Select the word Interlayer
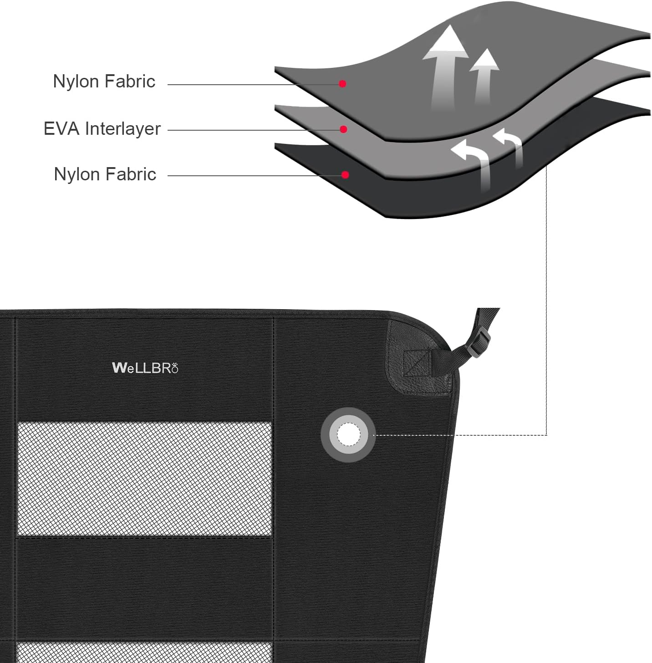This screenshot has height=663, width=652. coord(123,129)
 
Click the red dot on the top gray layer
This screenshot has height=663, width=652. coord(342,84)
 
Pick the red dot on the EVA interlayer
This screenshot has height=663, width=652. coord(343,129)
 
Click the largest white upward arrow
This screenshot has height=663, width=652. coord(445,66)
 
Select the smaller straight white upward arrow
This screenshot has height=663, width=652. coord(484,76)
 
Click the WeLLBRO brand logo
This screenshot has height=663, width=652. coord(145,368)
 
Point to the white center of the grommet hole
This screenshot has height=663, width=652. coord(348,434)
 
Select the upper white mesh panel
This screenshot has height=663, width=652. coord(145,479)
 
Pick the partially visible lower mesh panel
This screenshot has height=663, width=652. coord(144,653)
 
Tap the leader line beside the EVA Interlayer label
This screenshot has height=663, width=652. coord(255,130)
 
